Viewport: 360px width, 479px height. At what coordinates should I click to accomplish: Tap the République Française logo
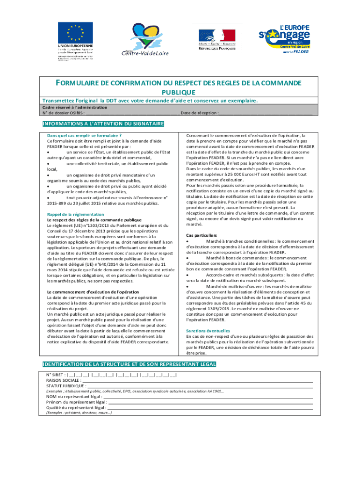(x=217, y=36)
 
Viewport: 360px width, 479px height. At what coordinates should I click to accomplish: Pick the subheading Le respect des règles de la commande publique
(x=94, y=220)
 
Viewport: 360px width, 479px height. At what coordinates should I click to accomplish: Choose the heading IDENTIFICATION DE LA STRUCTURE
(x=129, y=364)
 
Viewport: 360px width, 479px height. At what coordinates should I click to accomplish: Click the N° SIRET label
(x=56, y=375)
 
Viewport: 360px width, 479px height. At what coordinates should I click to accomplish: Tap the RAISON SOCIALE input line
(x=196, y=381)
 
